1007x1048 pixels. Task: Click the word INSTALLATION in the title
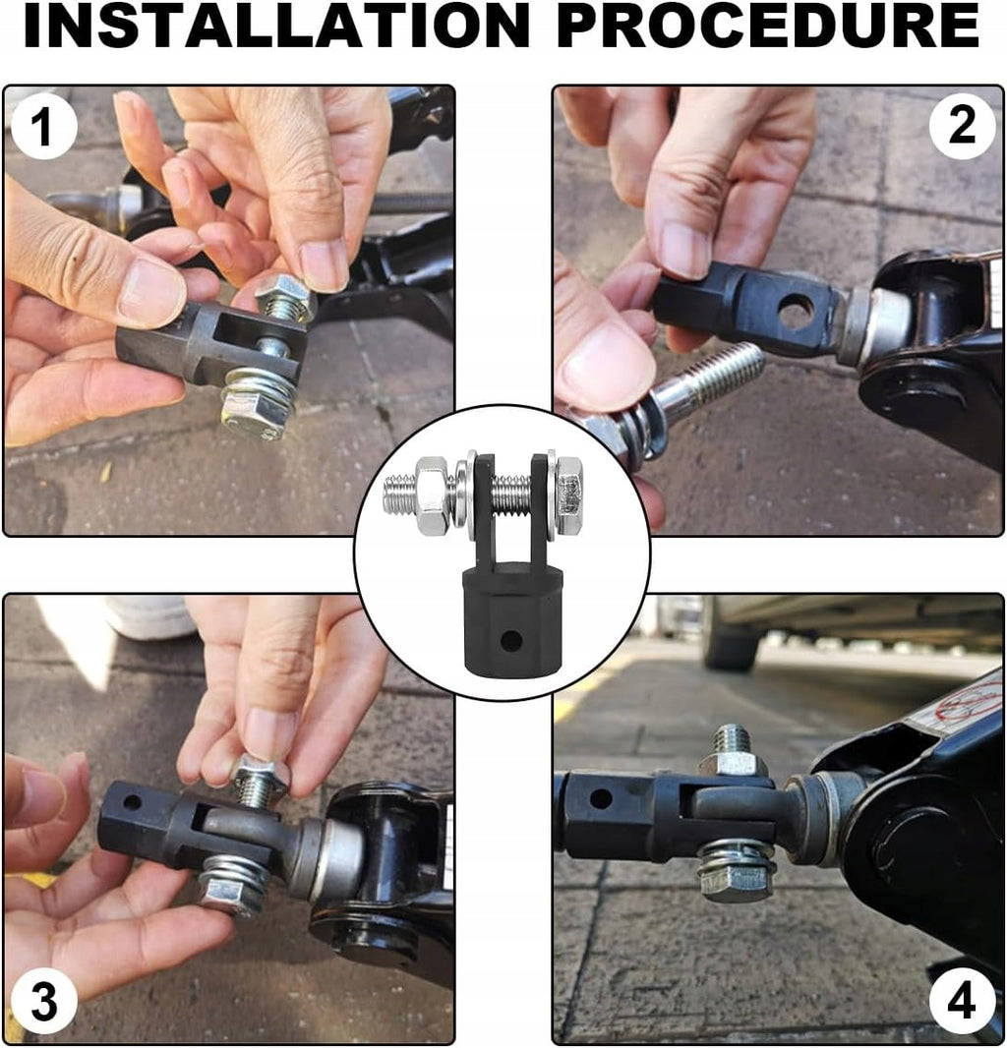click(276, 26)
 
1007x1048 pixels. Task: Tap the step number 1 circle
click(42, 127)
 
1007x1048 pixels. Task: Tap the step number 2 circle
click(962, 125)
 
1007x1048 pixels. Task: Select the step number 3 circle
click(44, 1002)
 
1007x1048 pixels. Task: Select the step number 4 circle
click(962, 1002)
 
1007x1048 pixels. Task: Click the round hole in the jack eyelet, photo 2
click(797, 309)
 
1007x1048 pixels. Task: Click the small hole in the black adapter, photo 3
click(132, 800)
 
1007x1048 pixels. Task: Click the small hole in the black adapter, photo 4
click(601, 798)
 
